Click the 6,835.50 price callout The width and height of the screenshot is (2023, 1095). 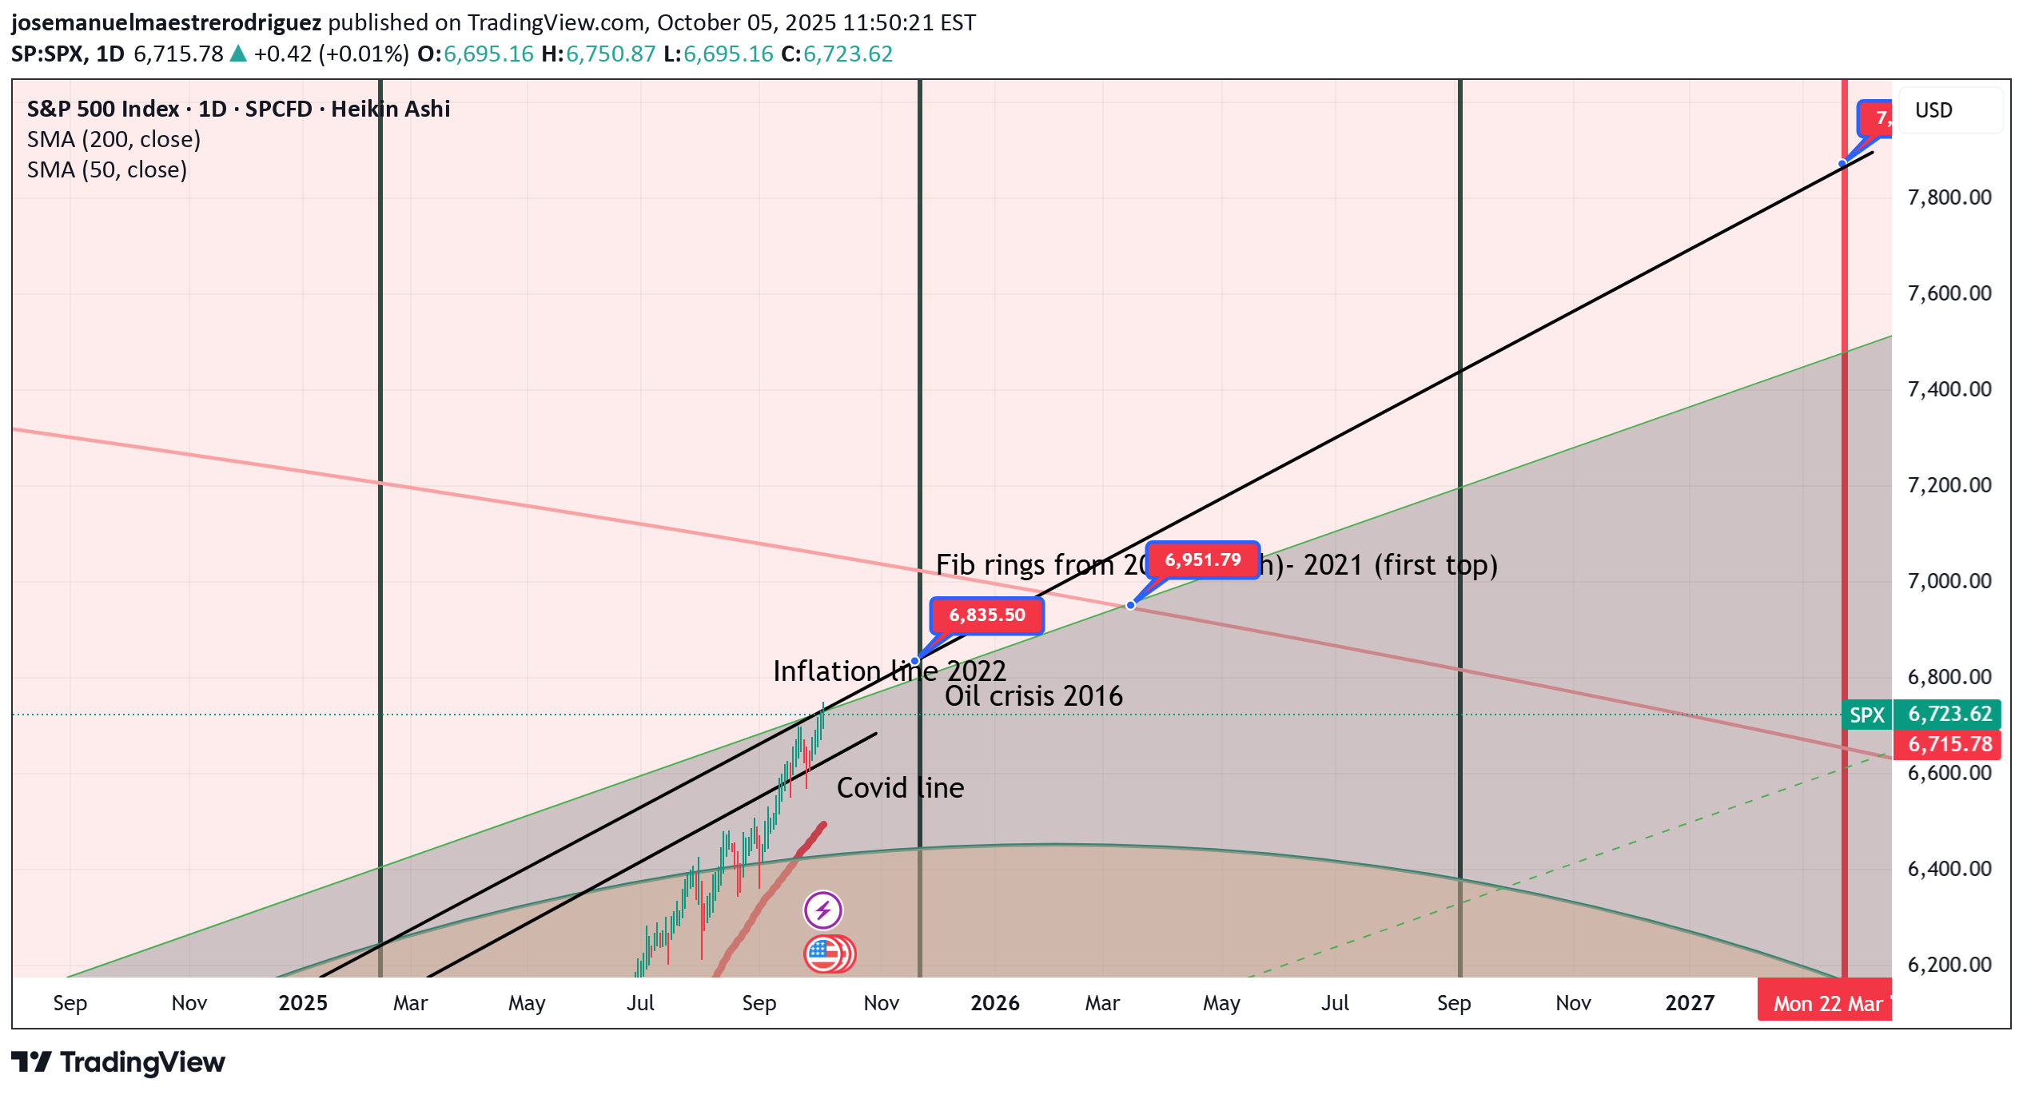click(986, 615)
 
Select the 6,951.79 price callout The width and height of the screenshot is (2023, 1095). click(1202, 560)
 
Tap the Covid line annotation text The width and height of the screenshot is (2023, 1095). click(900, 788)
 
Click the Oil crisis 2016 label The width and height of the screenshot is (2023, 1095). click(1033, 696)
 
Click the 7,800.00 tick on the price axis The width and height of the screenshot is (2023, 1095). click(1949, 197)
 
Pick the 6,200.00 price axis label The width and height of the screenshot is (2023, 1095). click(1949, 965)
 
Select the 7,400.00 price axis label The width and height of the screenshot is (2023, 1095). click(1949, 389)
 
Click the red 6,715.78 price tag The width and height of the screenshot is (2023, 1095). click(1949, 744)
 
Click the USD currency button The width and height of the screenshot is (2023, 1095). click(1933, 110)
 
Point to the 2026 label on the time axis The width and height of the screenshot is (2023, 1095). click(994, 1003)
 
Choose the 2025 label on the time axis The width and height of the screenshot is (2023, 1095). click(303, 1003)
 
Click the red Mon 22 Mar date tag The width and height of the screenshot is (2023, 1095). click(1826, 1003)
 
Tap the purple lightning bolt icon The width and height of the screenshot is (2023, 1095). click(822, 910)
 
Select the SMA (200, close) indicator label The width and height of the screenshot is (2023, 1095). click(113, 140)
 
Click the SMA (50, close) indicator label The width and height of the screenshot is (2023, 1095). click(107, 170)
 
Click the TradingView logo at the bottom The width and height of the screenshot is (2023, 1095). click(118, 1062)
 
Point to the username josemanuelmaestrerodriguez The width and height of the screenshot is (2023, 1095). click(166, 22)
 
